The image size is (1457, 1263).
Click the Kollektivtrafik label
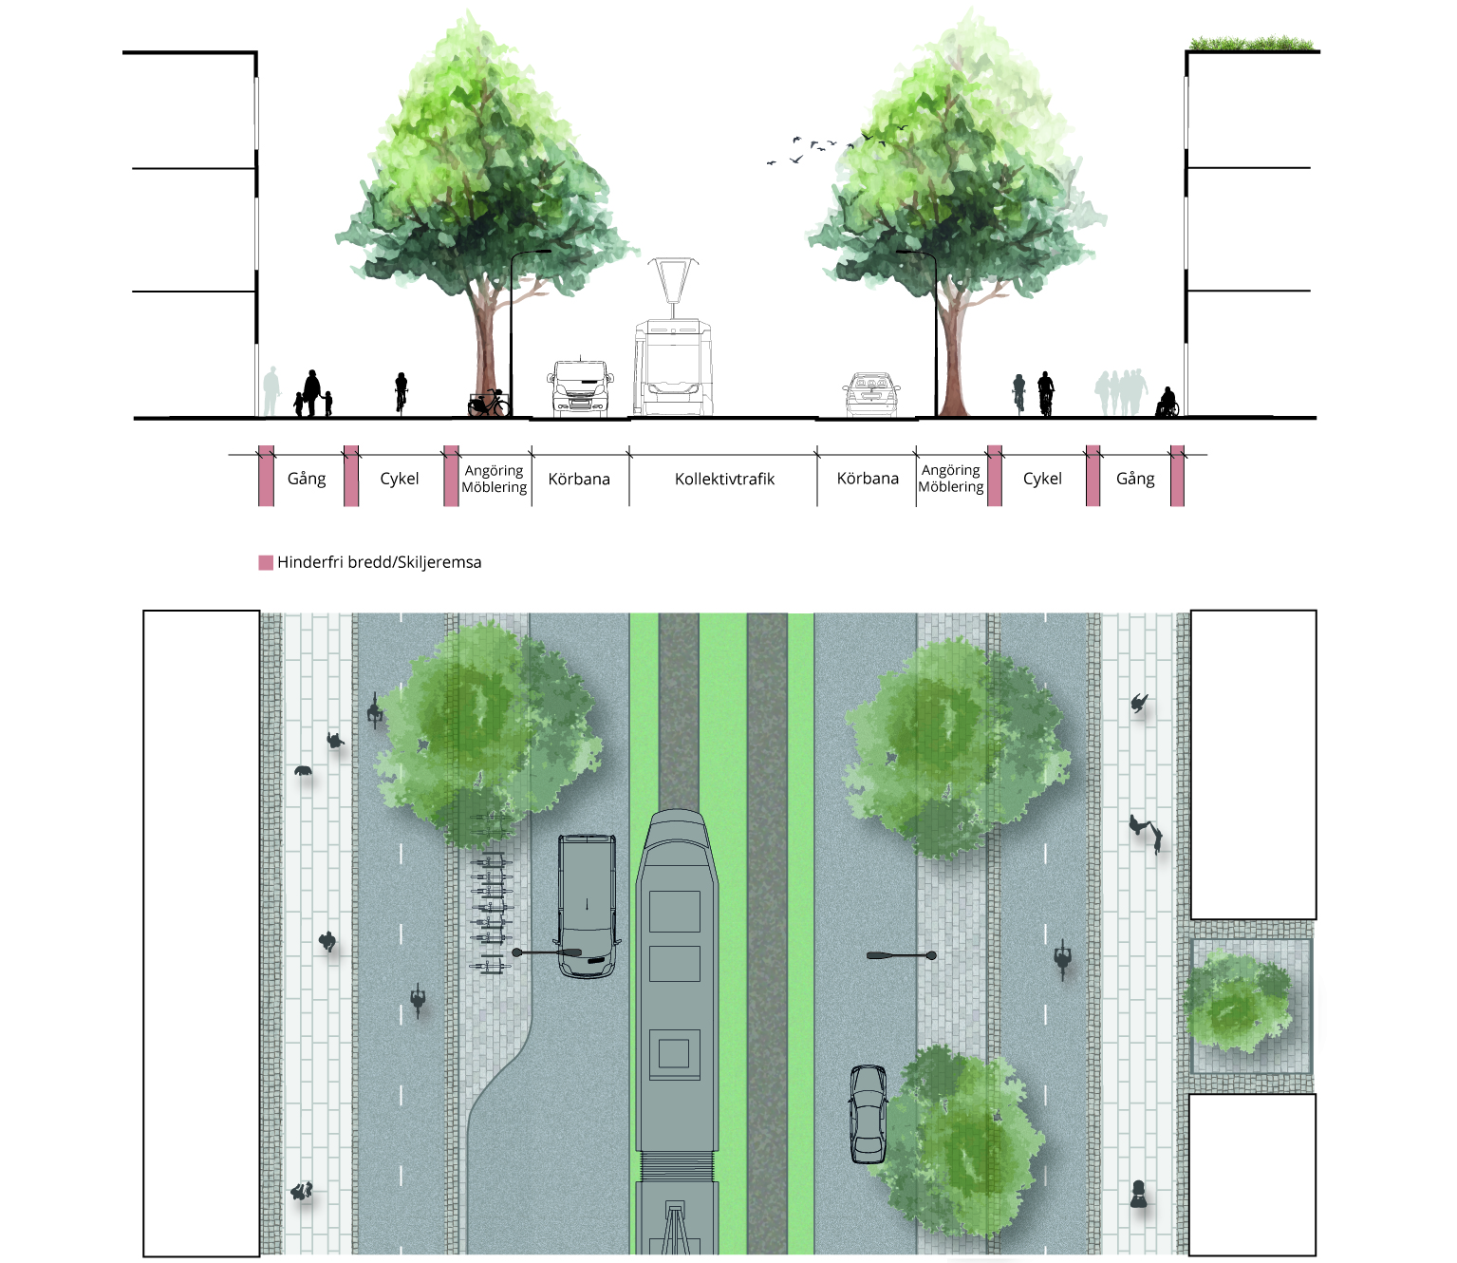coord(724,479)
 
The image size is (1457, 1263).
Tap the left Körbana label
coord(579,479)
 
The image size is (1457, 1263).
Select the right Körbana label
coord(868,478)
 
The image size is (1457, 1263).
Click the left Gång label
coord(307,479)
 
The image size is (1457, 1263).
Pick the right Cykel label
coord(1042,479)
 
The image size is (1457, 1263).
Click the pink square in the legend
coord(266,562)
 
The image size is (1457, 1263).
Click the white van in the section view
coord(579,388)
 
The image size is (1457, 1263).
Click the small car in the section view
coord(871,395)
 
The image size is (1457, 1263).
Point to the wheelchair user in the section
coord(1167,403)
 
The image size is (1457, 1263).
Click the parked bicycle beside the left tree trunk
coord(489,405)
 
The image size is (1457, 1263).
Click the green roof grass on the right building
coord(1253,44)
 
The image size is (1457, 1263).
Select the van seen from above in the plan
coord(587,905)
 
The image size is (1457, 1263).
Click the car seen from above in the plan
coord(868,1114)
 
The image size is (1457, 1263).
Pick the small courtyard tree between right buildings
coord(1238,1005)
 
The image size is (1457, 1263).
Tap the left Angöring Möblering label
coord(494,479)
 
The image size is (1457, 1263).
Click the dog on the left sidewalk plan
coord(304,771)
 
